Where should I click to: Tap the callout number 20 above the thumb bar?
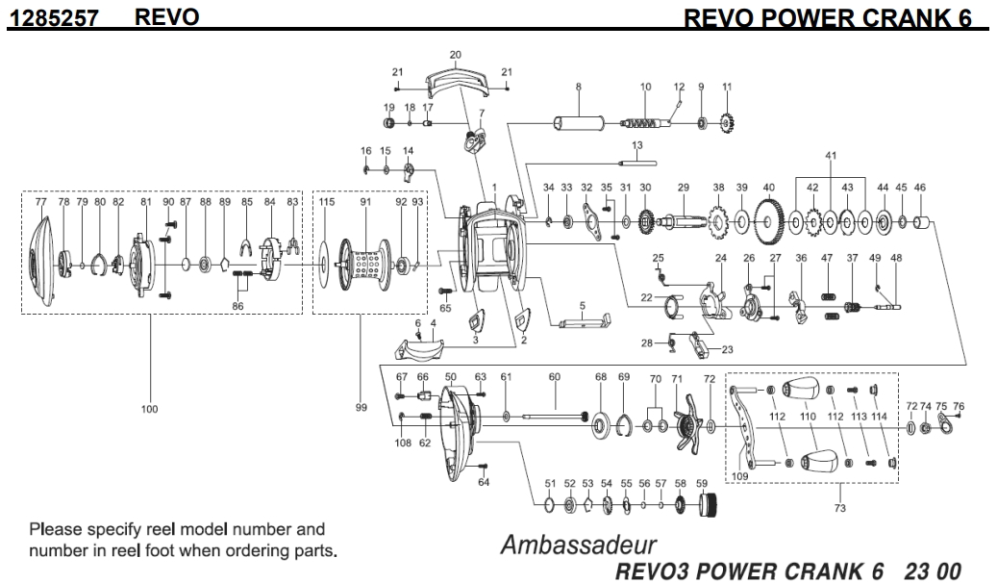pyautogui.click(x=456, y=55)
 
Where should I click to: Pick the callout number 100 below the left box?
pyautogui.click(x=149, y=409)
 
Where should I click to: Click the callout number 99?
pyautogui.click(x=361, y=408)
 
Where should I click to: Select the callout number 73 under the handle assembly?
pyautogui.click(x=839, y=508)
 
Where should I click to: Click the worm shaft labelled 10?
pyautogui.click(x=645, y=124)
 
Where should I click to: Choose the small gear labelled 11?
pyautogui.click(x=727, y=124)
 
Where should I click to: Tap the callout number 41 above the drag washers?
pyautogui.click(x=832, y=155)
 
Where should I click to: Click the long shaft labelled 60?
pyautogui.click(x=555, y=417)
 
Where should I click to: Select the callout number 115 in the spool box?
pyautogui.click(x=327, y=202)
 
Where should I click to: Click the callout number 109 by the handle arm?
pyautogui.click(x=739, y=474)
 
